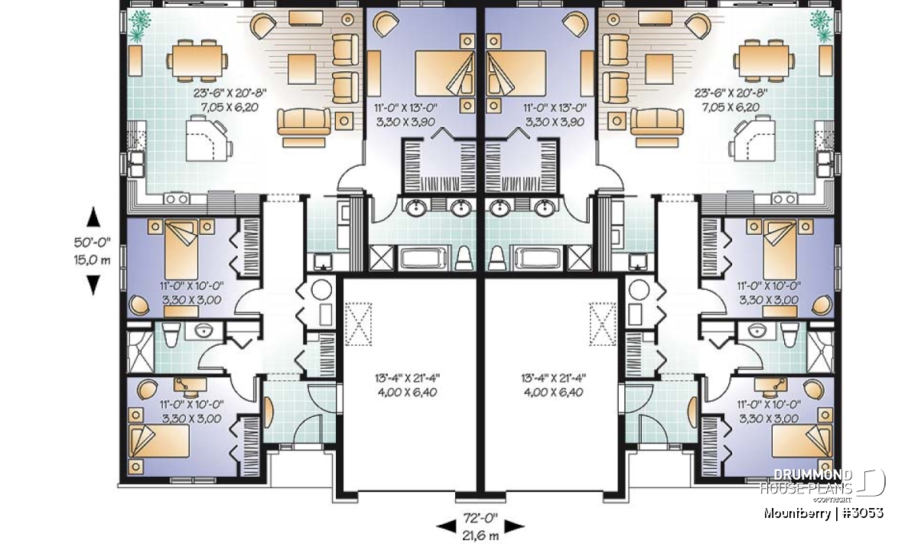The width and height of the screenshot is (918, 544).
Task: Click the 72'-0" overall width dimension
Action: [480, 518]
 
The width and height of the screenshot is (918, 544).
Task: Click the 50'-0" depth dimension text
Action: [93, 243]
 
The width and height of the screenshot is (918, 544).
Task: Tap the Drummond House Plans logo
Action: [823, 486]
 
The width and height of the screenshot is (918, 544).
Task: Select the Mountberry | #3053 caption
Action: [823, 513]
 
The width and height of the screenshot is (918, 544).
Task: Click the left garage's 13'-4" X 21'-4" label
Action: [407, 377]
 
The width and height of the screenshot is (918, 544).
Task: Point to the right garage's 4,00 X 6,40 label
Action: [554, 393]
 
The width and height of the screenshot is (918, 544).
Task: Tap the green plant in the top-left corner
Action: [139, 25]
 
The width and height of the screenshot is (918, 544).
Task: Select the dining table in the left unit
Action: [197, 60]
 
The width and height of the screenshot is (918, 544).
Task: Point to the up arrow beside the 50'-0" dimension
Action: [93, 217]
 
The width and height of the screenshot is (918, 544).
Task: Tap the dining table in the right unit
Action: [764, 60]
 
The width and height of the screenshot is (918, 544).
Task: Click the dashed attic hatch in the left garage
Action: [358, 324]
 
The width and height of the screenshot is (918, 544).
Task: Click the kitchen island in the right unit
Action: [753, 138]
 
